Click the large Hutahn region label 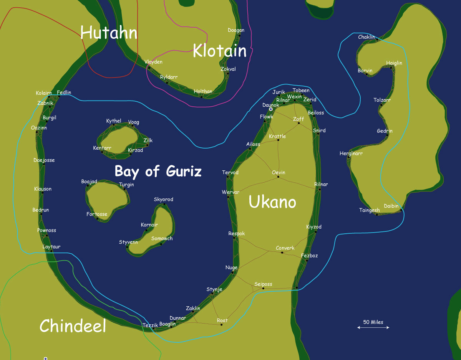coord(109,33)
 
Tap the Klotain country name coord(219,51)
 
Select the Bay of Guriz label coord(158,171)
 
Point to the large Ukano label coord(272,202)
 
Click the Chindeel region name coord(73,326)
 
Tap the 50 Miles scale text coord(373,322)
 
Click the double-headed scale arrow coord(373,327)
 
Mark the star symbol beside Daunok coord(270,109)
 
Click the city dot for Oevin coord(278,177)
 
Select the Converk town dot coord(282,253)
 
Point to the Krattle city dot coord(278,140)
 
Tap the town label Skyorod coord(163,199)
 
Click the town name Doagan coord(236,30)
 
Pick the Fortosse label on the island coord(97,214)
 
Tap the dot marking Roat coord(222,325)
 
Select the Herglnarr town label coord(351,154)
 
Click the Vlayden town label coord(153,62)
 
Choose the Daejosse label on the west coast coord(44,160)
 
